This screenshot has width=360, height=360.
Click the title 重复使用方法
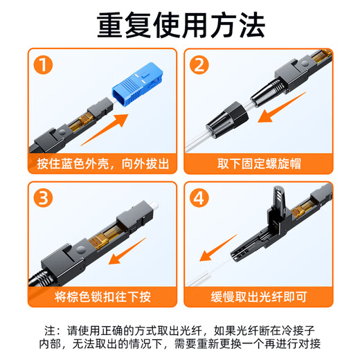(180, 26)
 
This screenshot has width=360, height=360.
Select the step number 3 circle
(44, 199)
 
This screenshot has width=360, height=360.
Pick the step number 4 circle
(200, 199)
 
